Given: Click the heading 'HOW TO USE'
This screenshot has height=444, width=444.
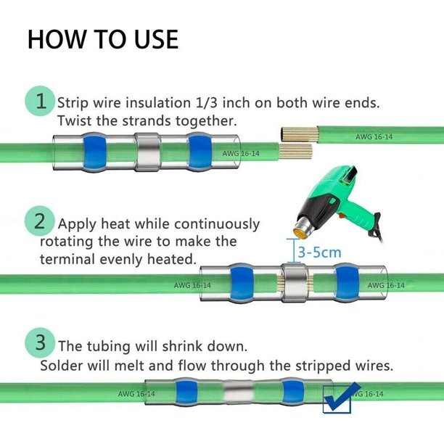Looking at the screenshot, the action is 102,39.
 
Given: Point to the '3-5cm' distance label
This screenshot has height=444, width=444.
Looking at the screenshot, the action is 316,253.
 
